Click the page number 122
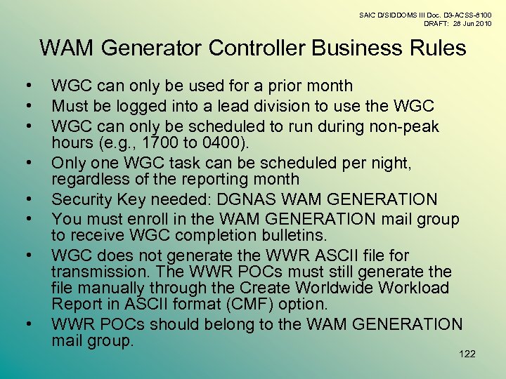(x=467, y=354)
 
